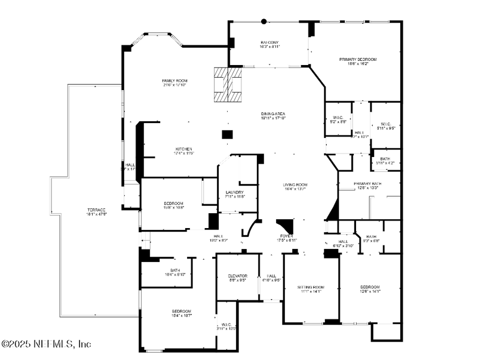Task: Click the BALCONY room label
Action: point(269,42)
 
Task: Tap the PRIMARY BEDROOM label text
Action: point(358,60)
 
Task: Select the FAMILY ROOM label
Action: point(175,81)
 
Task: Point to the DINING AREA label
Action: point(273,113)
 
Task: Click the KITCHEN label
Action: point(183,149)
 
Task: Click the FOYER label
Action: point(286,236)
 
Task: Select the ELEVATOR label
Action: point(237,276)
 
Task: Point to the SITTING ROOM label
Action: point(310,287)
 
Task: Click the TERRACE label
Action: point(97,210)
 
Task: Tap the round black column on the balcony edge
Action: point(264,21)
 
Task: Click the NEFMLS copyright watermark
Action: point(46,344)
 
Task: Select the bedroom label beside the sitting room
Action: point(370,287)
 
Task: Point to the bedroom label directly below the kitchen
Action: point(173,204)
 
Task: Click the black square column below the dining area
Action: point(227,134)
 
